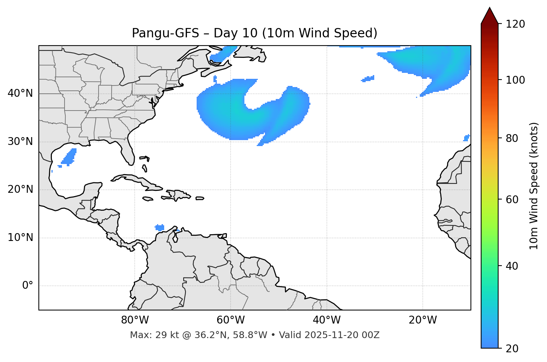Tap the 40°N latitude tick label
point(20,93)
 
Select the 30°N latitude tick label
point(20,142)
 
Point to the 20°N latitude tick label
point(20,189)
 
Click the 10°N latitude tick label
point(20,238)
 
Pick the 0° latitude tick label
point(28,286)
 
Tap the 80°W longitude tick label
point(135,320)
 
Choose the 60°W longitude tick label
point(231,320)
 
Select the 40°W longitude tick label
point(326,320)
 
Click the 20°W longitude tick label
point(422,320)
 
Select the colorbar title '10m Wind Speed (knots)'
point(534,186)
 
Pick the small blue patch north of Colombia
point(160,228)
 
